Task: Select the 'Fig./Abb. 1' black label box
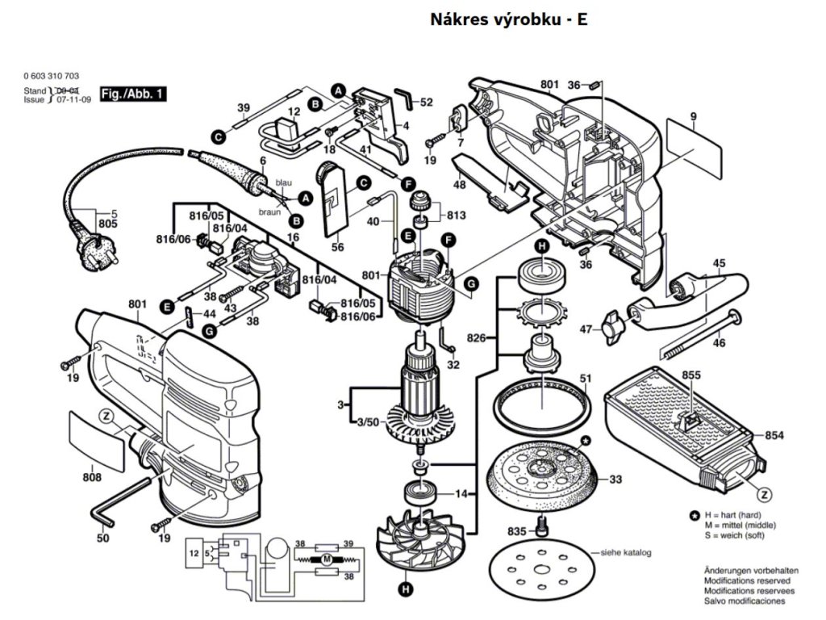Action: [x=133, y=94]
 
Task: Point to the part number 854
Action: [x=774, y=436]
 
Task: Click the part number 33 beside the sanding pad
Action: [x=615, y=480]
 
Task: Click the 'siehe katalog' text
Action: [x=624, y=553]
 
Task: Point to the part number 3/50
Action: [x=367, y=422]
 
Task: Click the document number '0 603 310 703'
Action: [x=52, y=76]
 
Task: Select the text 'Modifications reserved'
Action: [x=747, y=580]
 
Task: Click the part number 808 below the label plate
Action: [x=92, y=477]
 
